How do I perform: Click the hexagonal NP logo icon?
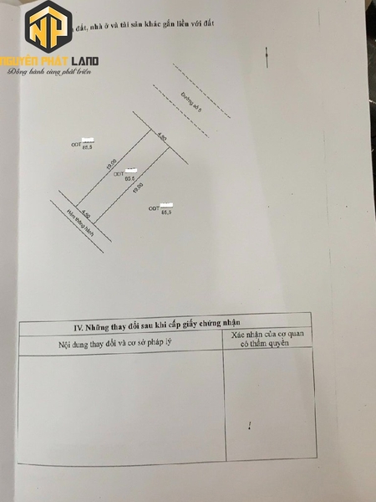click(x=50, y=29)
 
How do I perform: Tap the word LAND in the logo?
click(x=84, y=60)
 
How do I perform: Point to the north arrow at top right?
click(x=267, y=57)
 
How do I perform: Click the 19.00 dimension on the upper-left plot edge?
click(x=111, y=165)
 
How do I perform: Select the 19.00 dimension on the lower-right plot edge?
click(x=138, y=188)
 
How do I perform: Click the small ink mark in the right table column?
click(x=250, y=428)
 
